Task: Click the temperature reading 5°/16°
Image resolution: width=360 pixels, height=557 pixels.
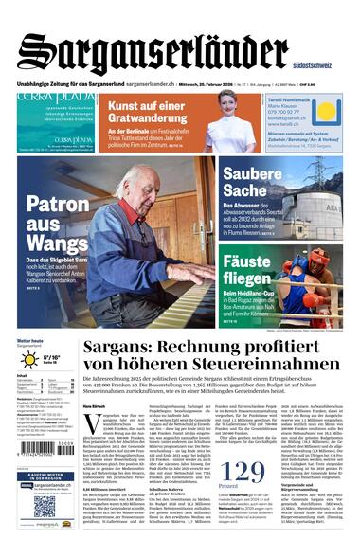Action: [x=53, y=358]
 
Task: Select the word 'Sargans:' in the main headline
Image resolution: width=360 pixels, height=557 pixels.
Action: [x=127, y=350]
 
